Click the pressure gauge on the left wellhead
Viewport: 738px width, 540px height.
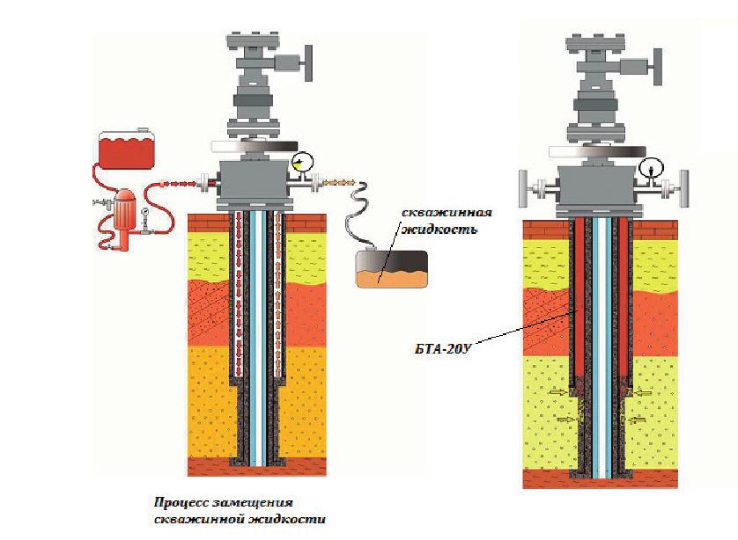pyautogui.click(x=303, y=162)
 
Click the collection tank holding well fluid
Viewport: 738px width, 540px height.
pyautogui.click(x=390, y=269)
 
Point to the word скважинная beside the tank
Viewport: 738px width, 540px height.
pyautogui.click(x=444, y=214)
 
